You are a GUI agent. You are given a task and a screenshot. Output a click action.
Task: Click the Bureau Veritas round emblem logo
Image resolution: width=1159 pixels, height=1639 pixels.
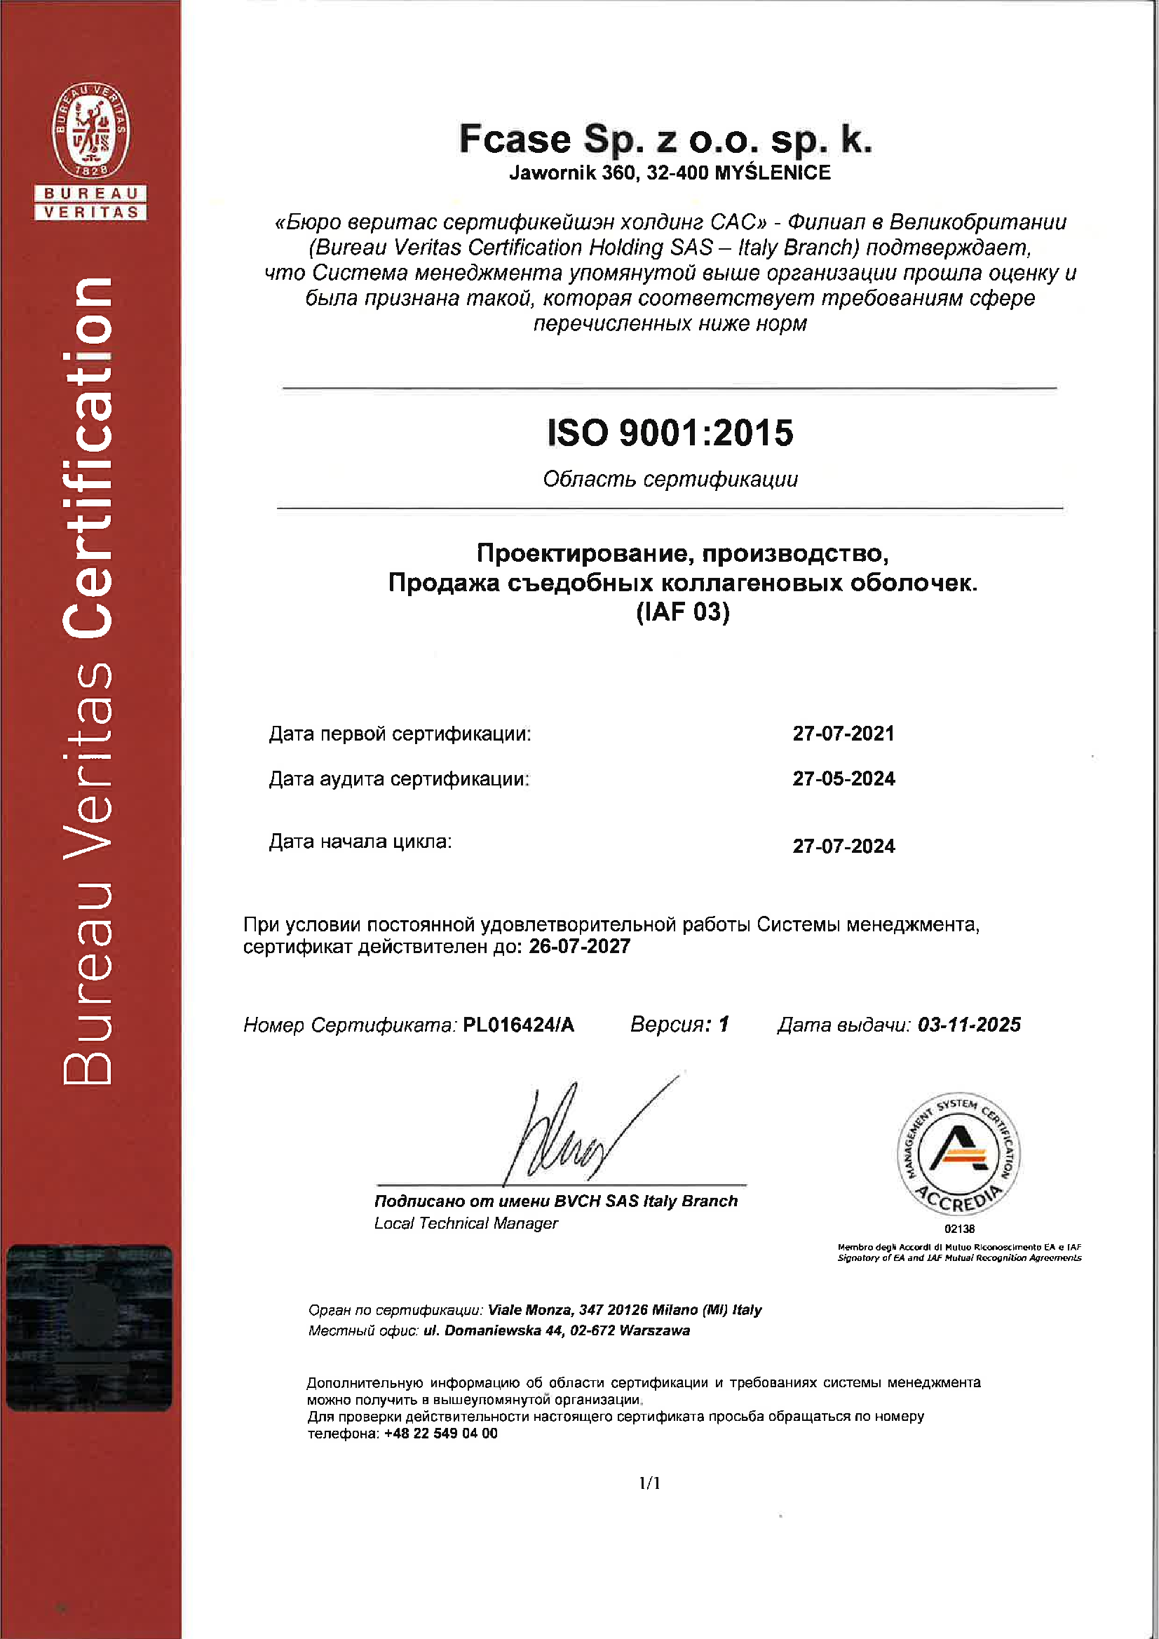tap(90, 130)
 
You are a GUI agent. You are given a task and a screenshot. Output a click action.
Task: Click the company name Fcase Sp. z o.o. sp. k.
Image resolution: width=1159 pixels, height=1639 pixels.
tap(665, 138)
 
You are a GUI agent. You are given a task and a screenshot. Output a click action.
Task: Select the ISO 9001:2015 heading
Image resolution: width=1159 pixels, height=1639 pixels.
tap(670, 433)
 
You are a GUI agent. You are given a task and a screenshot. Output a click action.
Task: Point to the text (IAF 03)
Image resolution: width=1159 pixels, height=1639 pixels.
tap(683, 612)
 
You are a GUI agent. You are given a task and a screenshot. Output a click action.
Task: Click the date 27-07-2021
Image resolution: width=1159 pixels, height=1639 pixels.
tap(843, 733)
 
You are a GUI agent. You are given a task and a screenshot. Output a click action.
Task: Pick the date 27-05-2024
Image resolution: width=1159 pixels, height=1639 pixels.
tap(843, 778)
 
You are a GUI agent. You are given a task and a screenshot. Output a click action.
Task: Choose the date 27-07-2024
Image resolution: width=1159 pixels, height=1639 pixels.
tap(843, 846)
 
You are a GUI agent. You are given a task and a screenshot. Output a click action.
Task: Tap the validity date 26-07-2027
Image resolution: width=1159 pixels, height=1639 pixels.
tap(578, 946)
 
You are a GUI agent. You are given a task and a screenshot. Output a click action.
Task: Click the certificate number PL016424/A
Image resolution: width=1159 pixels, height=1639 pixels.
tap(518, 1025)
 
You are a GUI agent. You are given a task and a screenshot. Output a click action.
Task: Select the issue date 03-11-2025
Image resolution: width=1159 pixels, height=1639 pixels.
tap(968, 1025)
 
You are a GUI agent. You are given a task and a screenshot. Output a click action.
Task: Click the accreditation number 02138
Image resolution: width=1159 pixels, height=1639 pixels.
tap(959, 1229)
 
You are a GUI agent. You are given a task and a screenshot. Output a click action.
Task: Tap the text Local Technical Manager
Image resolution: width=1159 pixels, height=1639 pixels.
tap(466, 1223)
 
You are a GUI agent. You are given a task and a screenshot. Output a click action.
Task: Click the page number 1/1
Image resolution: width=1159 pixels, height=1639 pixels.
tap(649, 1483)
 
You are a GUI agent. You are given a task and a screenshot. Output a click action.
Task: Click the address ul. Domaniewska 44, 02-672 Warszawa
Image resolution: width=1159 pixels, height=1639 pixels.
tap(557, 1330)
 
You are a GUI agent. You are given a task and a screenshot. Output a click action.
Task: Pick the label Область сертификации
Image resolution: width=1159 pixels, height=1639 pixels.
tap(670, 478)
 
